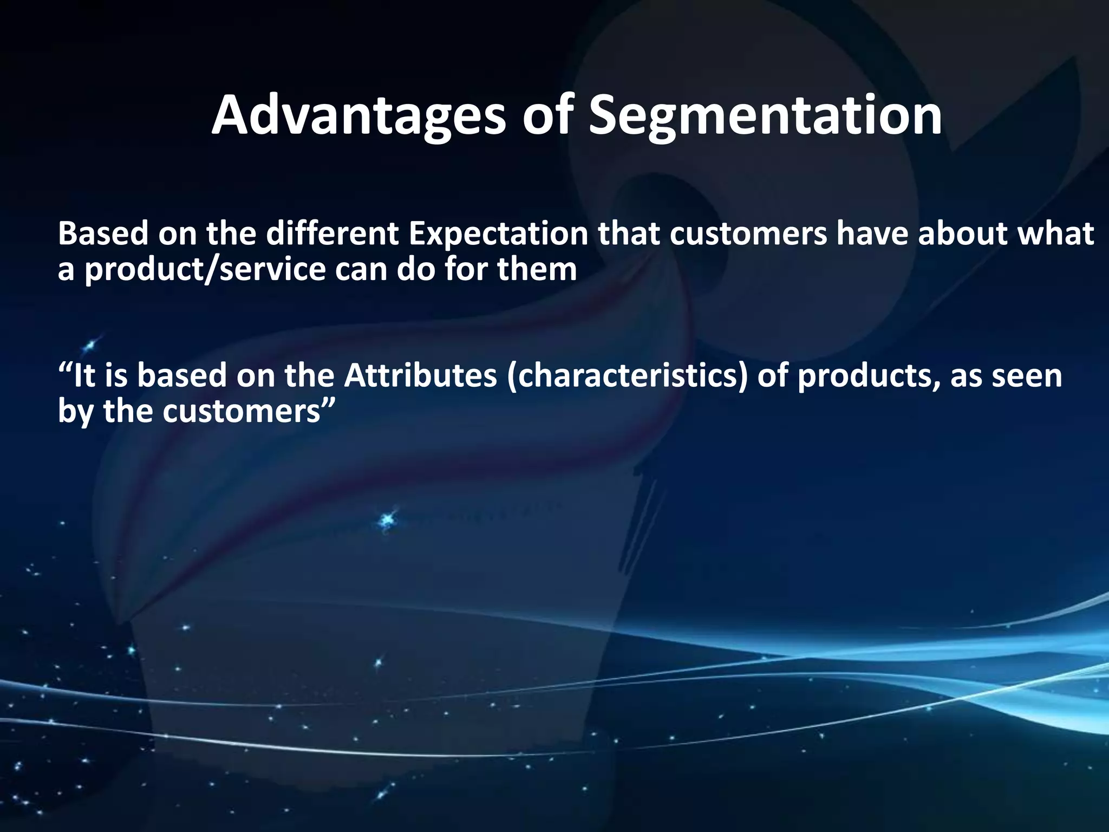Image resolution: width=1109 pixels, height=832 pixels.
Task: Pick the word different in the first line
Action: click(x=331, y=234)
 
